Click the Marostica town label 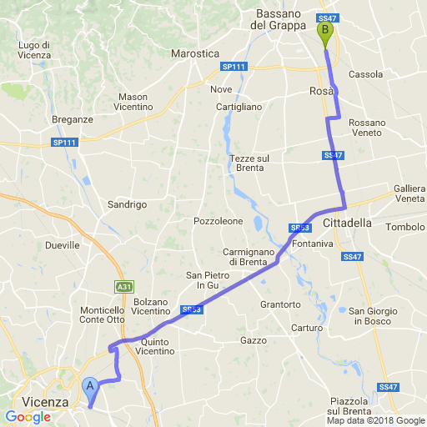coord(194,53)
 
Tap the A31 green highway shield coord(123,286)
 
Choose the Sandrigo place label coord(128,204)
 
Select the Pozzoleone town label coord(218,221)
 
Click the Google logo coord(28,416)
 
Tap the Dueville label coord(63,245)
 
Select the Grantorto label coord(280,304)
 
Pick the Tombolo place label coord(406,227)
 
